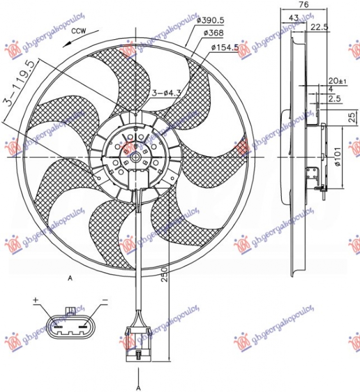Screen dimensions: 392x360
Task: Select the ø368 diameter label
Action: click(213, 33)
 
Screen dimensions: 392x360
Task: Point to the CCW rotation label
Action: click(78, 32)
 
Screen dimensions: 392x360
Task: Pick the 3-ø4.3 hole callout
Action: click(166, 93)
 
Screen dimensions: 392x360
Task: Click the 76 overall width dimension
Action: click(304, 5)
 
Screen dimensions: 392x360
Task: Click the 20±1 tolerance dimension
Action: click(337, 81)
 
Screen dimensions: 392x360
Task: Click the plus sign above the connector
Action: click(36, 300)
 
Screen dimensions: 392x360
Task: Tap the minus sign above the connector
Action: click(104, 300)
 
